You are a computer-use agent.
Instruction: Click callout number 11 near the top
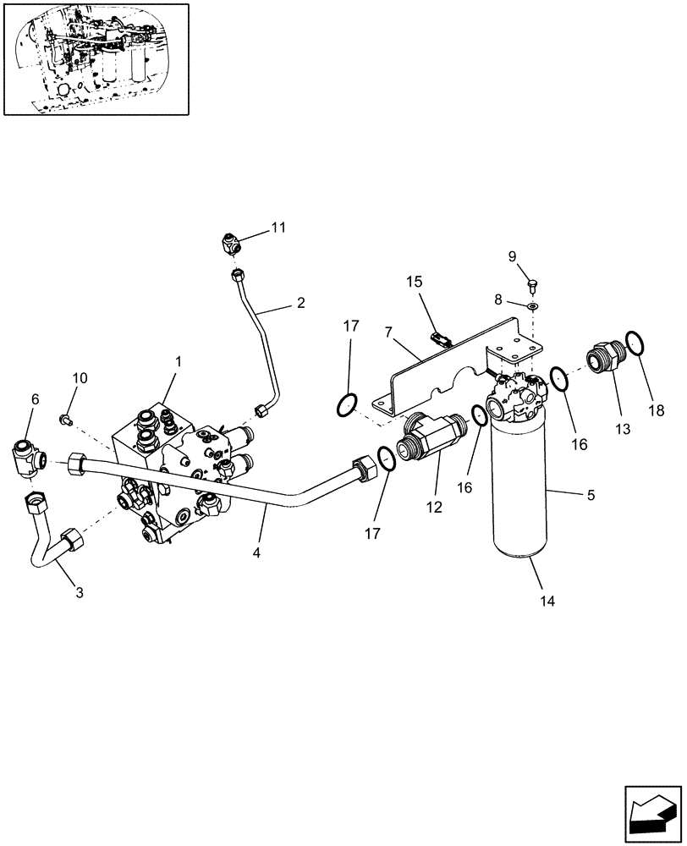click(x=278, y=227)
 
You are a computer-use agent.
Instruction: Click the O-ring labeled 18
click(x=636, y=345)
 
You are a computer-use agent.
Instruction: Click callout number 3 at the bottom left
click(x=79, y=592)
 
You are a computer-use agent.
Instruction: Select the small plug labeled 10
click(x=67, y=418)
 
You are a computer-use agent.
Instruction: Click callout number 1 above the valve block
click(x=179, y=361)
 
